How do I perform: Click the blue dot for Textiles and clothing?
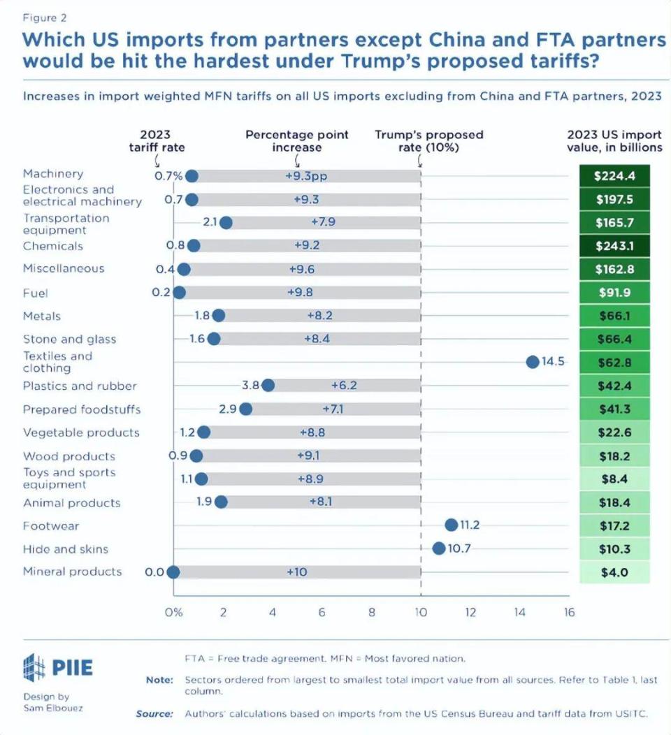coord(532,362)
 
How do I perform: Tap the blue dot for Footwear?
coord(451,525)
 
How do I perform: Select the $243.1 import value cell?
coord(614,246)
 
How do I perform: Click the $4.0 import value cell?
coord(614,572)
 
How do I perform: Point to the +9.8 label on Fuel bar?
coord(300,293)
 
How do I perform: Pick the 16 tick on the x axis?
coord(570,613)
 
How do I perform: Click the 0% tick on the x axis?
coord(173,613)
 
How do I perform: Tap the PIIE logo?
coord(58,667)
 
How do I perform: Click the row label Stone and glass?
coord(69,340)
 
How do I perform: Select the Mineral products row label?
coord(72,572)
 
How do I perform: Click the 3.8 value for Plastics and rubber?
coord(250,386)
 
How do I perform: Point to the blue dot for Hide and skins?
coord(439,548)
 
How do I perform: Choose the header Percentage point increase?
coord(296,140)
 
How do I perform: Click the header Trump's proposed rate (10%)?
coord(428,140)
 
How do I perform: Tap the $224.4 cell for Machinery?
coord(614,175)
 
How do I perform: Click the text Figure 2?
coord(45,17)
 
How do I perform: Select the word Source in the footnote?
coord(154,713)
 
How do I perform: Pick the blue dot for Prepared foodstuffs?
coord(245,409)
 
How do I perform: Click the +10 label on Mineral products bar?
coord(297,572)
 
